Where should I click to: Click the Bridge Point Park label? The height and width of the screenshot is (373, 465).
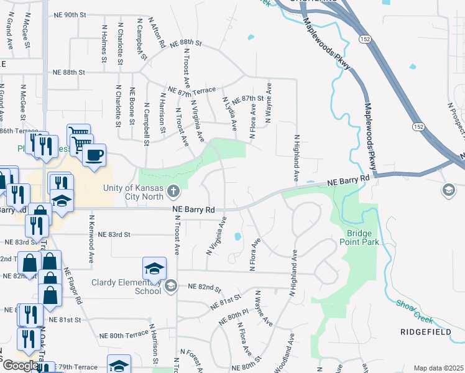pyautogui.click(x=354, y=237)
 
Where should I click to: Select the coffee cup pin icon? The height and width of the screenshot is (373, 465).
pyautogui.click(x=94, y=155)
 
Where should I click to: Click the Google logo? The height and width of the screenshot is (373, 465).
pyautogui.click(x=21, y=366)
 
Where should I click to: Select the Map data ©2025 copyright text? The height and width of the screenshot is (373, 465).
pyautogui.click(x=438, y=368)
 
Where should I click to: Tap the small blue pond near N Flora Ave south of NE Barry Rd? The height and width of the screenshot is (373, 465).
pyautogui.click(x=237, y=236)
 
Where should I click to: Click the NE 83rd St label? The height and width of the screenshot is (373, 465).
pyautogui.click(x=111, y=234)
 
